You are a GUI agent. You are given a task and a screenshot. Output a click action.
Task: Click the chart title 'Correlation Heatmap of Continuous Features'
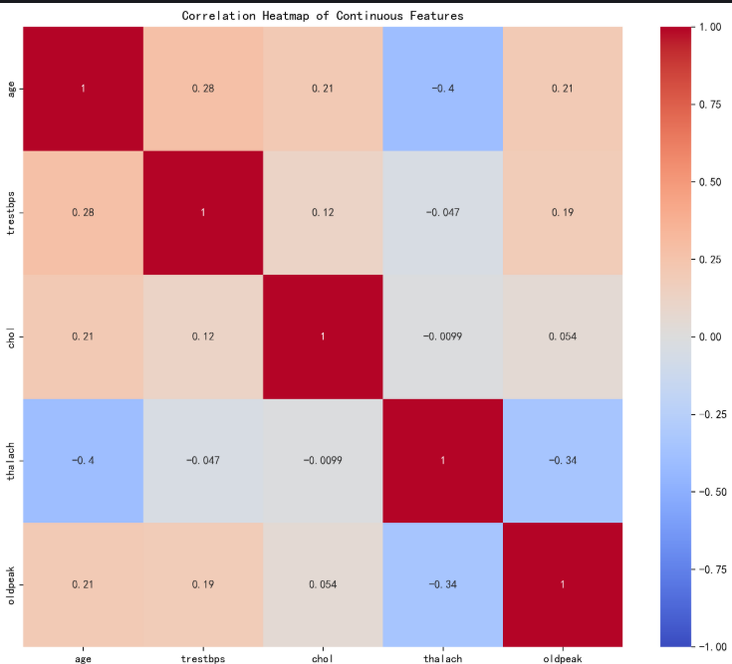322,16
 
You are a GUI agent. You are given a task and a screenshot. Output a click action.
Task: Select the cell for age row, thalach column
442,89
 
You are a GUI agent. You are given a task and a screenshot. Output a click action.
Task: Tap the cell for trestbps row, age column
83,212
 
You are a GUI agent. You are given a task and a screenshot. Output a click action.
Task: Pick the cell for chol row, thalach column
442,336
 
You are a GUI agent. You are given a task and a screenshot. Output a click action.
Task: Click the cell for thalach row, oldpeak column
562,461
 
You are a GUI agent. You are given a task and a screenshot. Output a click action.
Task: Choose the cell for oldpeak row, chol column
322,584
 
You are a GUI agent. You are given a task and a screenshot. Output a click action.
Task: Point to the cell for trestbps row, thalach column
442,212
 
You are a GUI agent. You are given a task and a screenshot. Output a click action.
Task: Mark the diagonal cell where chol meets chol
322,336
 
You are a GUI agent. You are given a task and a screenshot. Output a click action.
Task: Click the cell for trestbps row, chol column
322,212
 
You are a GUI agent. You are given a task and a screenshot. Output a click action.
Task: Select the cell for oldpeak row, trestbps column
202,584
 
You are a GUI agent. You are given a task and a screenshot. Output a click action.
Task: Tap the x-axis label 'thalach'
442,656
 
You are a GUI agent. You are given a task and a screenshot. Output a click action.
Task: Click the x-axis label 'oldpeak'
562,656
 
